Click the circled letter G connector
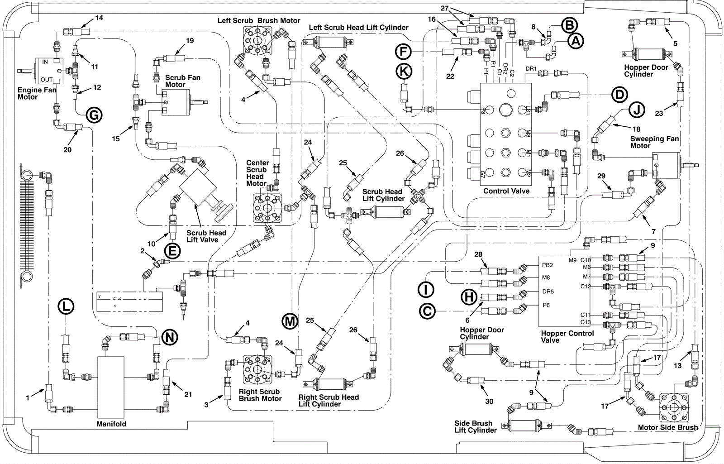pos(94,115)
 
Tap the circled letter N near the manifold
pos(169,338)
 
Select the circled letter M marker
pos(290,321)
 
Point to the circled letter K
pos(404,71)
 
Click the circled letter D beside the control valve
pos(619,95)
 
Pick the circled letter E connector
pos(172,251)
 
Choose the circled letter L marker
pos(66,306)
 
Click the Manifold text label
pos(111,424)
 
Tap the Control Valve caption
pos(506,191)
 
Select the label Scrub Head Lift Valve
pos(206,236)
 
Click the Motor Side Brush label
pos(668,427)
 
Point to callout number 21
pos(188,394)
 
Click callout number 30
pos(489,401)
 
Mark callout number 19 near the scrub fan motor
pos(190,40)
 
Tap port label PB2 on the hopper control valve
pos(548,265)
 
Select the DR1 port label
pos(531,68)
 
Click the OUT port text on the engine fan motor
pos(47,80)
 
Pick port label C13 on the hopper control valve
pos(586,322)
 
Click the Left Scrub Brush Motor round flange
pos(257,41)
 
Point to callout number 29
pos(601,176)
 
